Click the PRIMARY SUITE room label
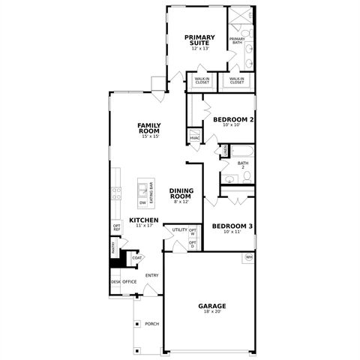click(199, 39)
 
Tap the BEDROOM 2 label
click(233, 119)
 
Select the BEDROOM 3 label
click(231, 226)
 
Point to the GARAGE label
click(212, 305)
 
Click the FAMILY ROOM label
click(149, 127)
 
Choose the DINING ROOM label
click(182, 193)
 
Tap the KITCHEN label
click(143, 220)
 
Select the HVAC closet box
click(194, 138)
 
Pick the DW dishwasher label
click(142, 202)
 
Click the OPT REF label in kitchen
click(116, 227)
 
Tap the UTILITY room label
click(179, 230)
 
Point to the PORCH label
click(152, 324)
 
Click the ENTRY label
click(151, 275)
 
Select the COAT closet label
click(136, 258)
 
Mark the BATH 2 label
click(243, 165)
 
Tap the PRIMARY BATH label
click(236, 41)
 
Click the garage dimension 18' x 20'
click(212, 312)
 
